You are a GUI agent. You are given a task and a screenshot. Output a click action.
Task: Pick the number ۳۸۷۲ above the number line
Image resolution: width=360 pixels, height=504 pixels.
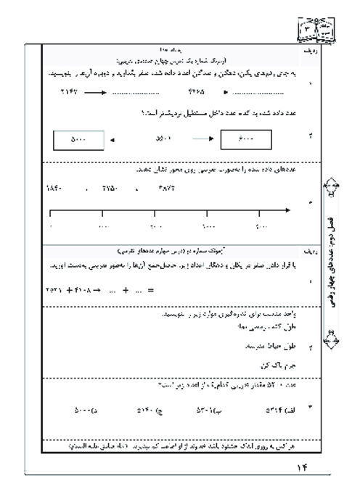[161, 187]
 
